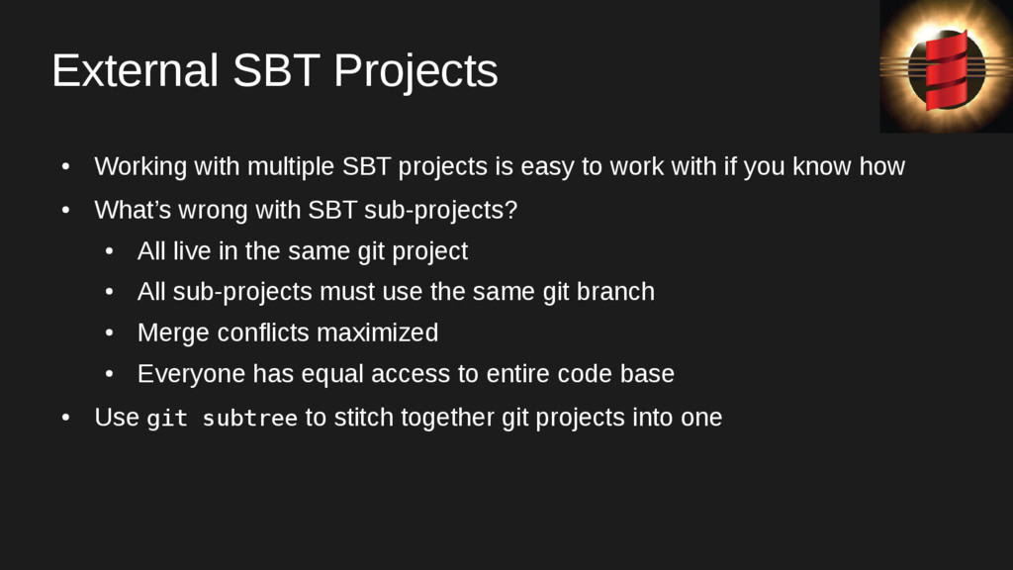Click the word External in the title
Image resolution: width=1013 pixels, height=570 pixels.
coord(135,70)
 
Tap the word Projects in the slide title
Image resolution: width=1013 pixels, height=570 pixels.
coord(415,72)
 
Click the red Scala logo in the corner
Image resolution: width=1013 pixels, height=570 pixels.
coord(946,69)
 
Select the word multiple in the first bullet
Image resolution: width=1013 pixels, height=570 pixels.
coord(291,166)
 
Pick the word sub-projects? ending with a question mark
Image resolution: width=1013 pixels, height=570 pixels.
coord(440,211)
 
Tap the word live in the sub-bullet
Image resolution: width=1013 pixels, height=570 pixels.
coord(192,250)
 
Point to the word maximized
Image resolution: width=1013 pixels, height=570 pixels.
coord(377,332)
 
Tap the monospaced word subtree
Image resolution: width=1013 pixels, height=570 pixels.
coord(250,419)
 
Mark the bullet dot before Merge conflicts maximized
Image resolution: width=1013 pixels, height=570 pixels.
coord(109,333)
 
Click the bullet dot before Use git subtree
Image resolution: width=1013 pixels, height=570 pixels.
coord(66,419)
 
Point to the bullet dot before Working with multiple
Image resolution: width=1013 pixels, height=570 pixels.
coord(66,167)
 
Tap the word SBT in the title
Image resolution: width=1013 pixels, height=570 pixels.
coord(276,70)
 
